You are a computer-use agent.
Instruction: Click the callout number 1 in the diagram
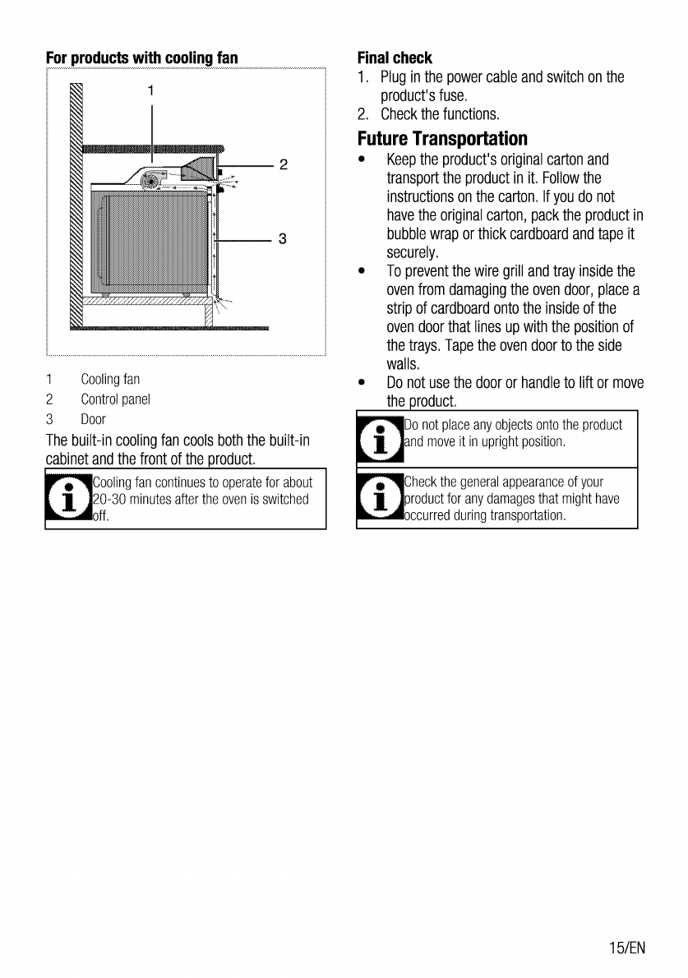pyautogui.click(x=151, y=90)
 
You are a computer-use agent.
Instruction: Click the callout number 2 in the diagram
pyautogui.click(x=283, y=165)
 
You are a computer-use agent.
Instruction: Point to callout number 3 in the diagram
pyautogui.click(x=283, y=240)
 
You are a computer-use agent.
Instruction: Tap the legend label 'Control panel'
pyautogui.click(x=115, y=399)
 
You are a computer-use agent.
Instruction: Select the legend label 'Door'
pyautogui.click(x=93, y=419)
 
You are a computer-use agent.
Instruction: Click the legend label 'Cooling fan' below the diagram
pyautogui.click(x=110, y=380)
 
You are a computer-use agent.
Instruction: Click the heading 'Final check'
pyautogui.click(x=395, y=58)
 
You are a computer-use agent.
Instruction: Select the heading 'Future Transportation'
pyautogui.click(x=442, y=137)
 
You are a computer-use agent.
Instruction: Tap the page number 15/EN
pyautogui.click(x=628, y=948)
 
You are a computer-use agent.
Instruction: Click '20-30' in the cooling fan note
pyautogui.click(x=109, y=499)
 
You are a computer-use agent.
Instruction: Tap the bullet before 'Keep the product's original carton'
pyautogui.click(x=362, y=159)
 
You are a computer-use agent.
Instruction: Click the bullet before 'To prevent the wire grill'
pyautogui.click(x=362, y=272)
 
